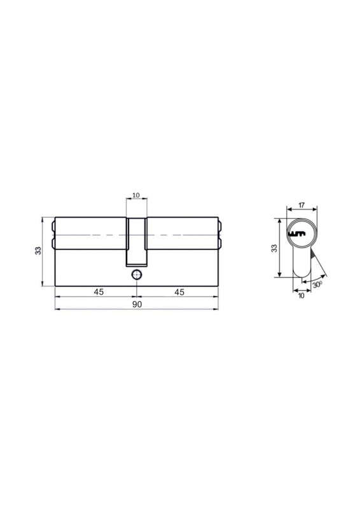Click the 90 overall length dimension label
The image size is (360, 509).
pyautogui.click(x=137, y=304)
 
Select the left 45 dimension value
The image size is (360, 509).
pyautogui.click(x=99, y=292)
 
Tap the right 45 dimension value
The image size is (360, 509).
pyautogui.click(x=179, y=292)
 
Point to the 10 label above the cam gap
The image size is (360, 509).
pyautogui.click(x=136, y=195)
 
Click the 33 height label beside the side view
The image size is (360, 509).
pyautogui.click(x=38, y=251)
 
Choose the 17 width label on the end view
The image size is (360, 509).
pyautogui.click(x=301, y=205)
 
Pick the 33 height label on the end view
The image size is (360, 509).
pyautogui.click(x=274, y=248)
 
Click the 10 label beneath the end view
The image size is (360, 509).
pyautogui.click(x=301, y=296)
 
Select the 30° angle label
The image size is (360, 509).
pyautogui.click(x=318, y=284)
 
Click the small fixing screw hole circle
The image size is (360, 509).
pyautogui.click(x=136, y=275)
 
